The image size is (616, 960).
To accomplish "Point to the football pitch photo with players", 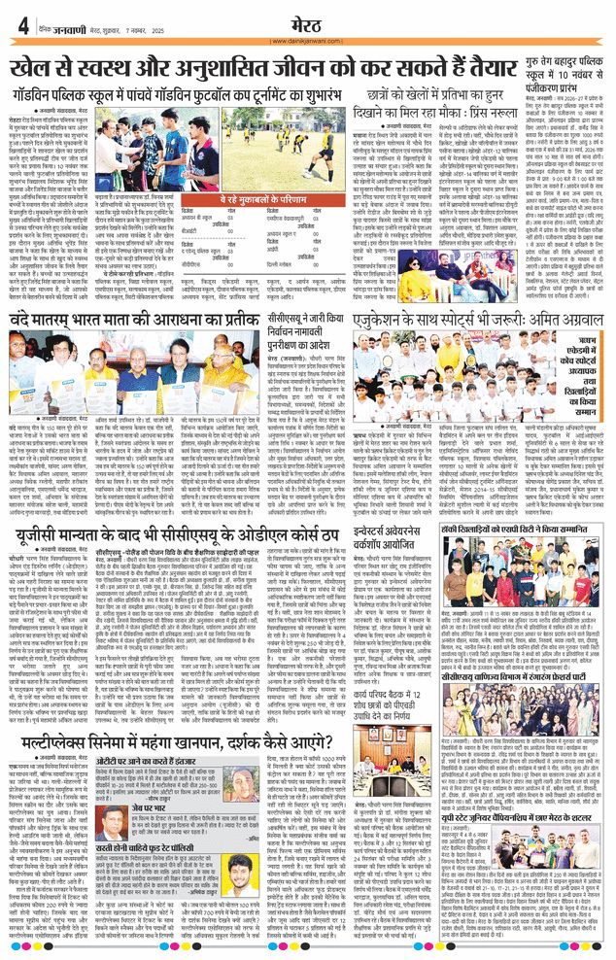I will pos(250,135).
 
